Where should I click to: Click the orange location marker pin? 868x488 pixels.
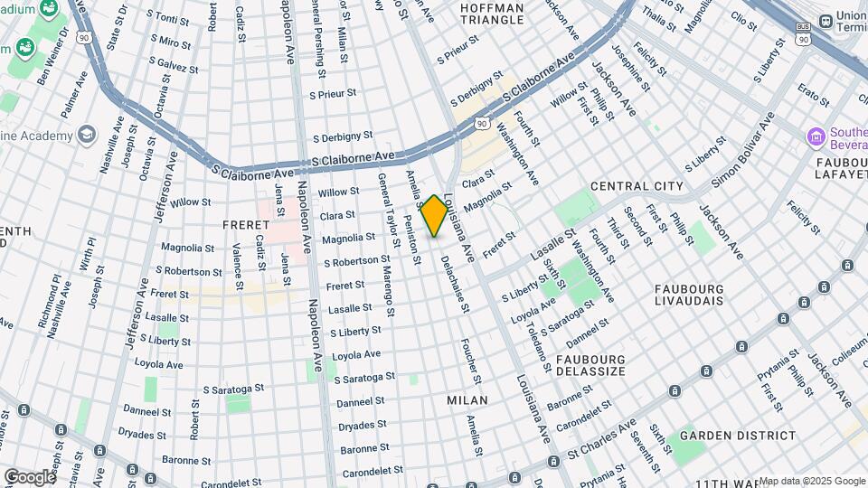[434, 215]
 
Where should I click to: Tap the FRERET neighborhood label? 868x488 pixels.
[245, 224]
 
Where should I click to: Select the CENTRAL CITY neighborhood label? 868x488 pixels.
[637, 186]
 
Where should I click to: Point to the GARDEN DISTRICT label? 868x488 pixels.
[738, 436]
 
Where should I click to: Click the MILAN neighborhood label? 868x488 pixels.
[467, 399]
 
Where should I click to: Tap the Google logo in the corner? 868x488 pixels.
[29, 476]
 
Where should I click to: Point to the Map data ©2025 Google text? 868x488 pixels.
[811, 481]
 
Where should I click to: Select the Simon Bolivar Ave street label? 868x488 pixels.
[741, 150]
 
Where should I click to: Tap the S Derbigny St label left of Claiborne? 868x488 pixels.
[342, 137]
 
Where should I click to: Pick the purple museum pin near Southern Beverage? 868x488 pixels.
[818, 137]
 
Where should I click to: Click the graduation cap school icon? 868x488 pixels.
[87, 136]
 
